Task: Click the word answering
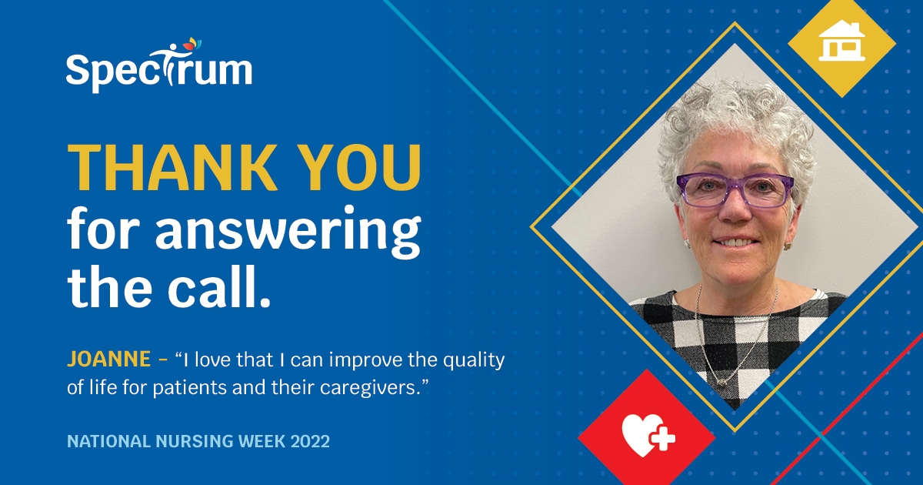[x=288, y=231]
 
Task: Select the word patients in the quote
[x=186, y=387]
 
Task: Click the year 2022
[x=311, y=442]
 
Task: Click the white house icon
[x=841, y=42]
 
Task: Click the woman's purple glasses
[x=734, y=189]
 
